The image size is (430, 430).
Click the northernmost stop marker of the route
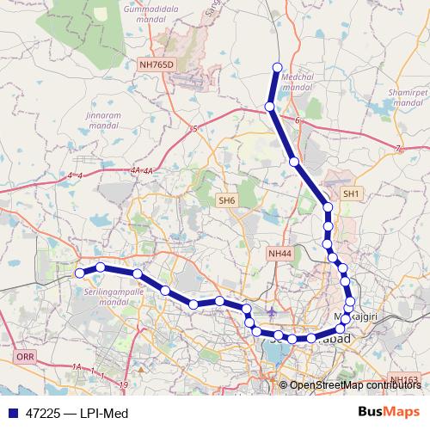point(277,67)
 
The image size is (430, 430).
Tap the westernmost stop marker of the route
point(79,273)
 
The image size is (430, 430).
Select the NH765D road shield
point(156,64)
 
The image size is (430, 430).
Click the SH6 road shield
point(226,200)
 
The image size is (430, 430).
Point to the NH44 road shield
point(279,254)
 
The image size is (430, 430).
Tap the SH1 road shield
point(351,195)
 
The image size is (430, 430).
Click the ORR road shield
point(23,355)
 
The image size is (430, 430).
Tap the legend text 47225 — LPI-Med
point(78,414)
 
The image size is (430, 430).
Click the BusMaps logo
point(389,413)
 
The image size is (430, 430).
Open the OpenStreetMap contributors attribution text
point(354,385)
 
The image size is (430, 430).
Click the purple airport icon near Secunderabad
point(273,310)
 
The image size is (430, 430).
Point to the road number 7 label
point(398,150)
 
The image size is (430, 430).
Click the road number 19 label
point(124,384)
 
